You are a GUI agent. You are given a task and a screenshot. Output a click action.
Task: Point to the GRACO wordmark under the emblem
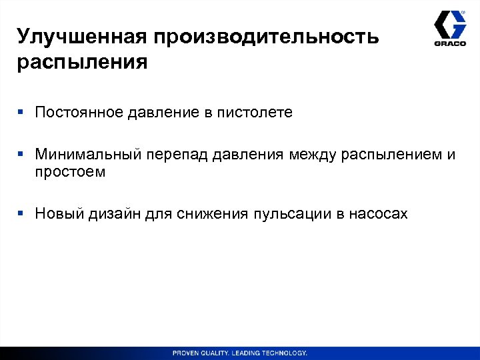(x=450, y=44)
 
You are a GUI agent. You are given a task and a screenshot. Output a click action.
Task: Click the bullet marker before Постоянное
(x=21, y=113)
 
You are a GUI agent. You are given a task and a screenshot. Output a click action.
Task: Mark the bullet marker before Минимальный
(x=21, y=155)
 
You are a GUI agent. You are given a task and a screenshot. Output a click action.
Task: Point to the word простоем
(x=70, y=172)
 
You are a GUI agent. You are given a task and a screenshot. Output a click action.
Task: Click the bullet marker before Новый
(x=21, y=213)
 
